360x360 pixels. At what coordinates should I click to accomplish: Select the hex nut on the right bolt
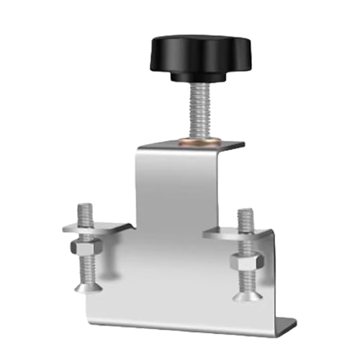[244, 263]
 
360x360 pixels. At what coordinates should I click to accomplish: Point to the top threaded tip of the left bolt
[83, 210]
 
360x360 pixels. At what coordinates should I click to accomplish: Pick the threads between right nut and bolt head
[245, 282]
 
